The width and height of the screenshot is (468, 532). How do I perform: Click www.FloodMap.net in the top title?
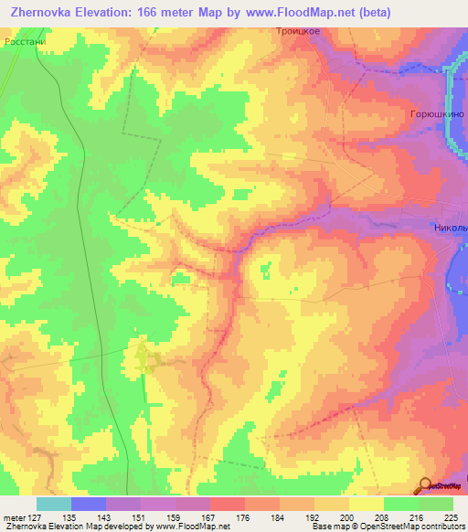(x=300, y=13)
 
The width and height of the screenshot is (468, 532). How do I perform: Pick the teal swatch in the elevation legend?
(x=53, y=504)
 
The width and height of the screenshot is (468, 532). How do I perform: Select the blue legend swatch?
(x=88, y=504)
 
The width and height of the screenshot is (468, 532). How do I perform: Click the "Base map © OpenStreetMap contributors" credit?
(x=388, y=527)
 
